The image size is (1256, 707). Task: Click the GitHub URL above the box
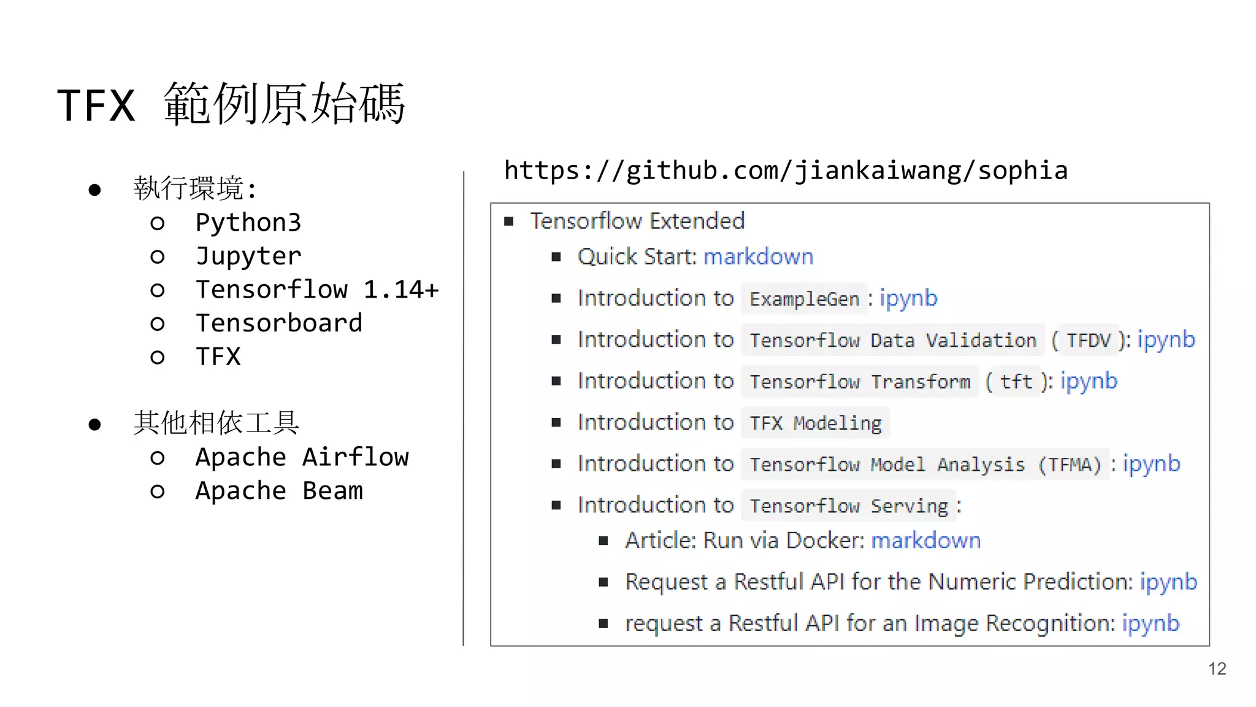click(786, 171)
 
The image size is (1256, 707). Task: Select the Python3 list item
click(248, 222)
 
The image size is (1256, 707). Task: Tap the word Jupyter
click(248, 256)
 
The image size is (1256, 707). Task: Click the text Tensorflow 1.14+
click(317, 290)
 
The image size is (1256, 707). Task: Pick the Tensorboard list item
click(278, 323)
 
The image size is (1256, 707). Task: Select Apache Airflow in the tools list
click(302, 457)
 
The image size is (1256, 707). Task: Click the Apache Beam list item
click(278, 491)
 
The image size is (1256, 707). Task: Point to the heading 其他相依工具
click(216, 423)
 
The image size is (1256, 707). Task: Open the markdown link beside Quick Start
click(758, 257)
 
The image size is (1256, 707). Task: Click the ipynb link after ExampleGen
click(908, 298)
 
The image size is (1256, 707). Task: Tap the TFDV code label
click(1089, 340)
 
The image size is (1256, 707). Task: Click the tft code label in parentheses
click(1016, 382)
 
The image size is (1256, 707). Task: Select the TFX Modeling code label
click(815, 423)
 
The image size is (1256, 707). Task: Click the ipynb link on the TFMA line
click(1151, 464)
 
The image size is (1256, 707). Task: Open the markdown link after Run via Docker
click(925, 541)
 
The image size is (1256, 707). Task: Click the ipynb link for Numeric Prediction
click(1168, 582)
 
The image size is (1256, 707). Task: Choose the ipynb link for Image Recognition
click(1151, 624)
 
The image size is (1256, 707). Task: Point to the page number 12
click(1217, 668)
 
